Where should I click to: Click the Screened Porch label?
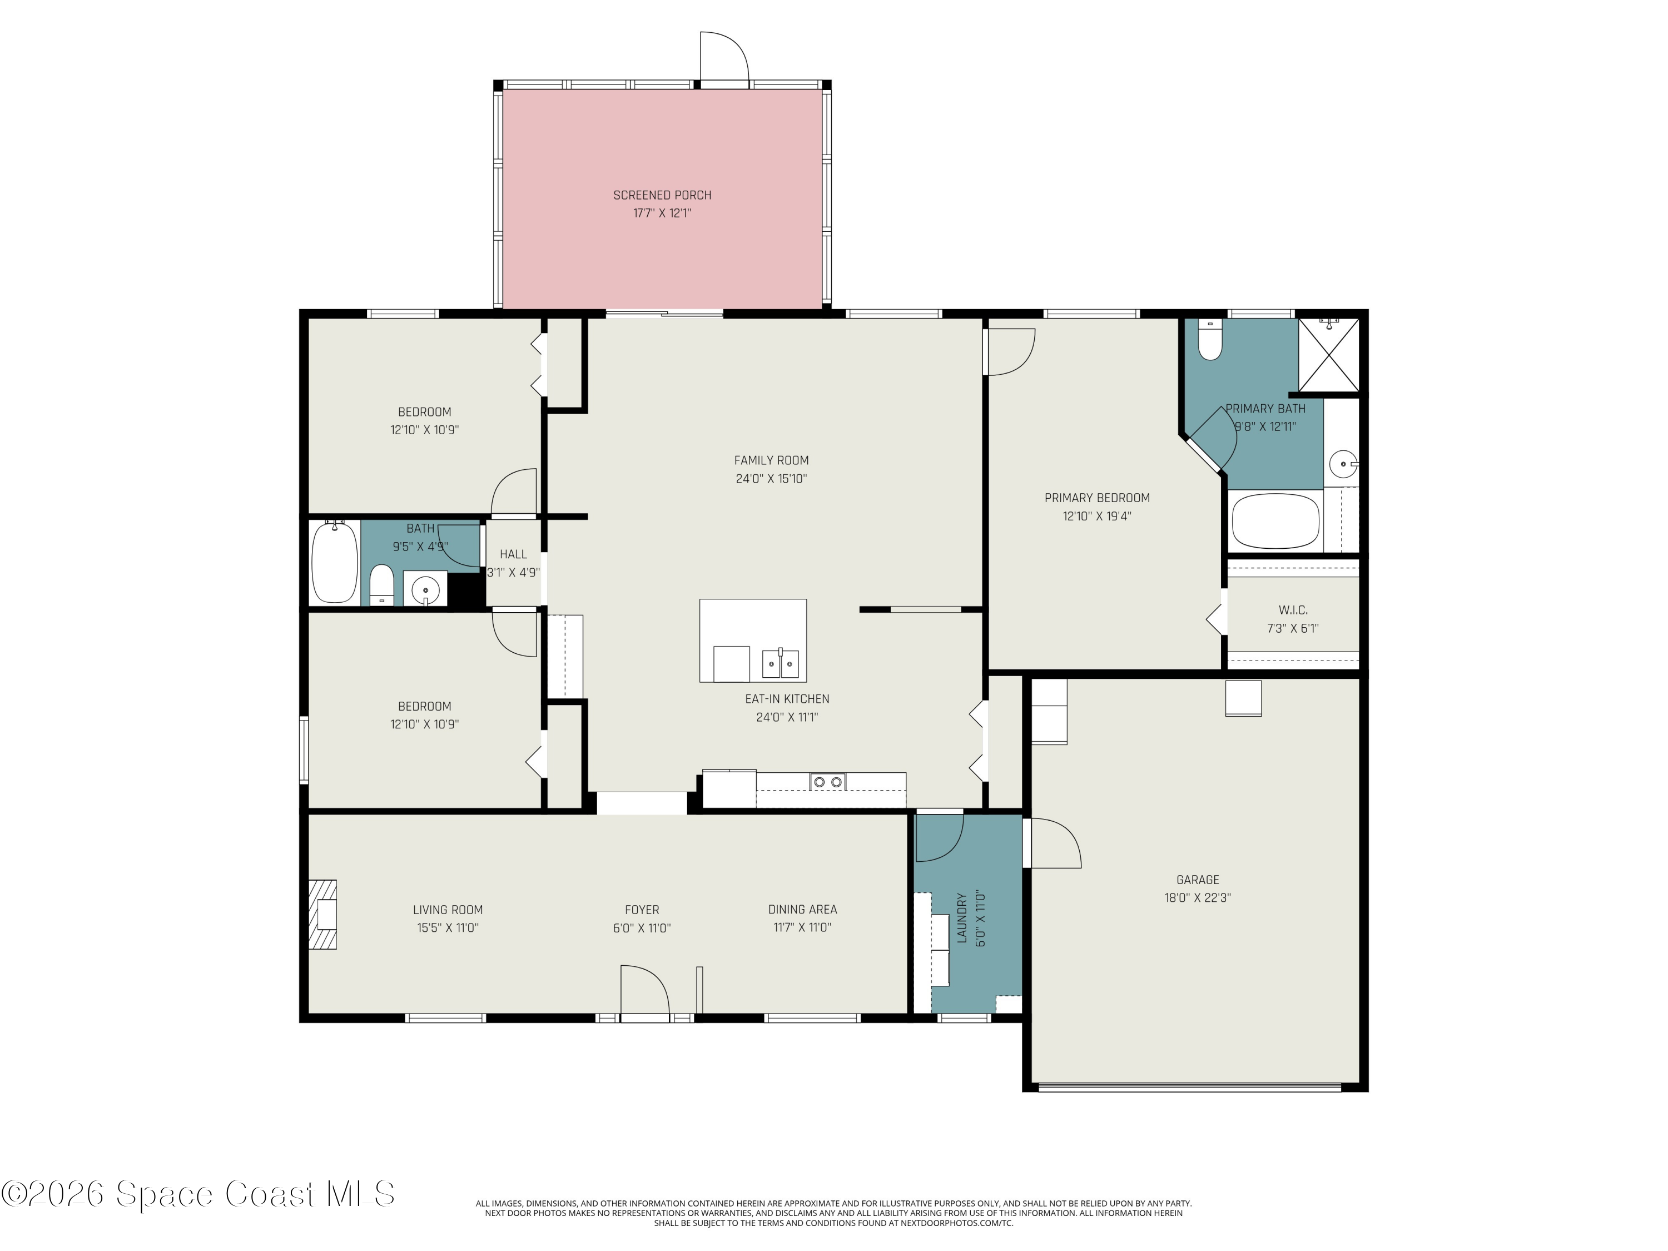(x=662, y=195)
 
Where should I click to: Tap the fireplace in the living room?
(x=322, y=915)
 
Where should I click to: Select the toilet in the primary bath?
(x=1209, y=340)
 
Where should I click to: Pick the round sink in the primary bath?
(x=1342, y=463)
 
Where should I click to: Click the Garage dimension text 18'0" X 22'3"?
(x=1198, y=898)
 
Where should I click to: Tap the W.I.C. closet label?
(x=1293, y=610)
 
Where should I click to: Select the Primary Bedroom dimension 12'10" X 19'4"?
(x=1097, y=517)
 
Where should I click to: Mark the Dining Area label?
(x=802, y=910)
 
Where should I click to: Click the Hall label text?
(x=514, y=554)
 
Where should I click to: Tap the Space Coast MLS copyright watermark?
(x=197, y=1194)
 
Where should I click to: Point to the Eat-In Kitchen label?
(x=787, y=699)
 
